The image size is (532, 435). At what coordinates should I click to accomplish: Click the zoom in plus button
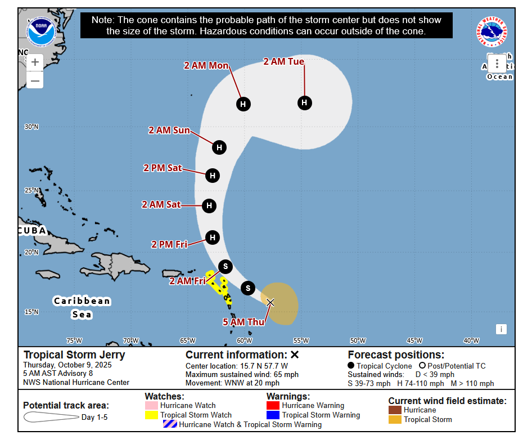[35, 62]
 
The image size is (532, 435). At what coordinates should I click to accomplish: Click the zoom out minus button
[35, 81]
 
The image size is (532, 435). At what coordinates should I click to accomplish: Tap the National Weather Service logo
[492, 32]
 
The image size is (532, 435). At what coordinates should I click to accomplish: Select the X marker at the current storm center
[270, 302]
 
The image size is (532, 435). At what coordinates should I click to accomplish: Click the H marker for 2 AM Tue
[304, 102]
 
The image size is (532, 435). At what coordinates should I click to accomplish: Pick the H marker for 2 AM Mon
[243, 104]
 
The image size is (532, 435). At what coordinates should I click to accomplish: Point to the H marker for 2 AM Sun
[219, 147]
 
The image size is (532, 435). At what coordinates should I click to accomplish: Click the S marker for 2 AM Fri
[226, 266]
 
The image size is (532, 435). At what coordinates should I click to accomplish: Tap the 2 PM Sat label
[163, 168]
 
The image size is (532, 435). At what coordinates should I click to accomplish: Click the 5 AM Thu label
[244, 322]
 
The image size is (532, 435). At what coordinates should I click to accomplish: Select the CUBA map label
[32, 231]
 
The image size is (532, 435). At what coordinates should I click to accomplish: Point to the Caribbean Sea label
[82, 307]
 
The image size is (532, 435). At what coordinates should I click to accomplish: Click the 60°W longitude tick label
[244, 340]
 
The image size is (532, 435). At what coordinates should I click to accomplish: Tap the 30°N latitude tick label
[31, 127]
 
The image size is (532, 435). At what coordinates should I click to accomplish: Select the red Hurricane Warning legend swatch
[273, 405]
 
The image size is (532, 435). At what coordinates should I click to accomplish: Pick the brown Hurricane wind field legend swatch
[395, 410]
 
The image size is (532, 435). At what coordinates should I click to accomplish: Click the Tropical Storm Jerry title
[74, 355]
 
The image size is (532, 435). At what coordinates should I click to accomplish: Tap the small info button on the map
[501, 329]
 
